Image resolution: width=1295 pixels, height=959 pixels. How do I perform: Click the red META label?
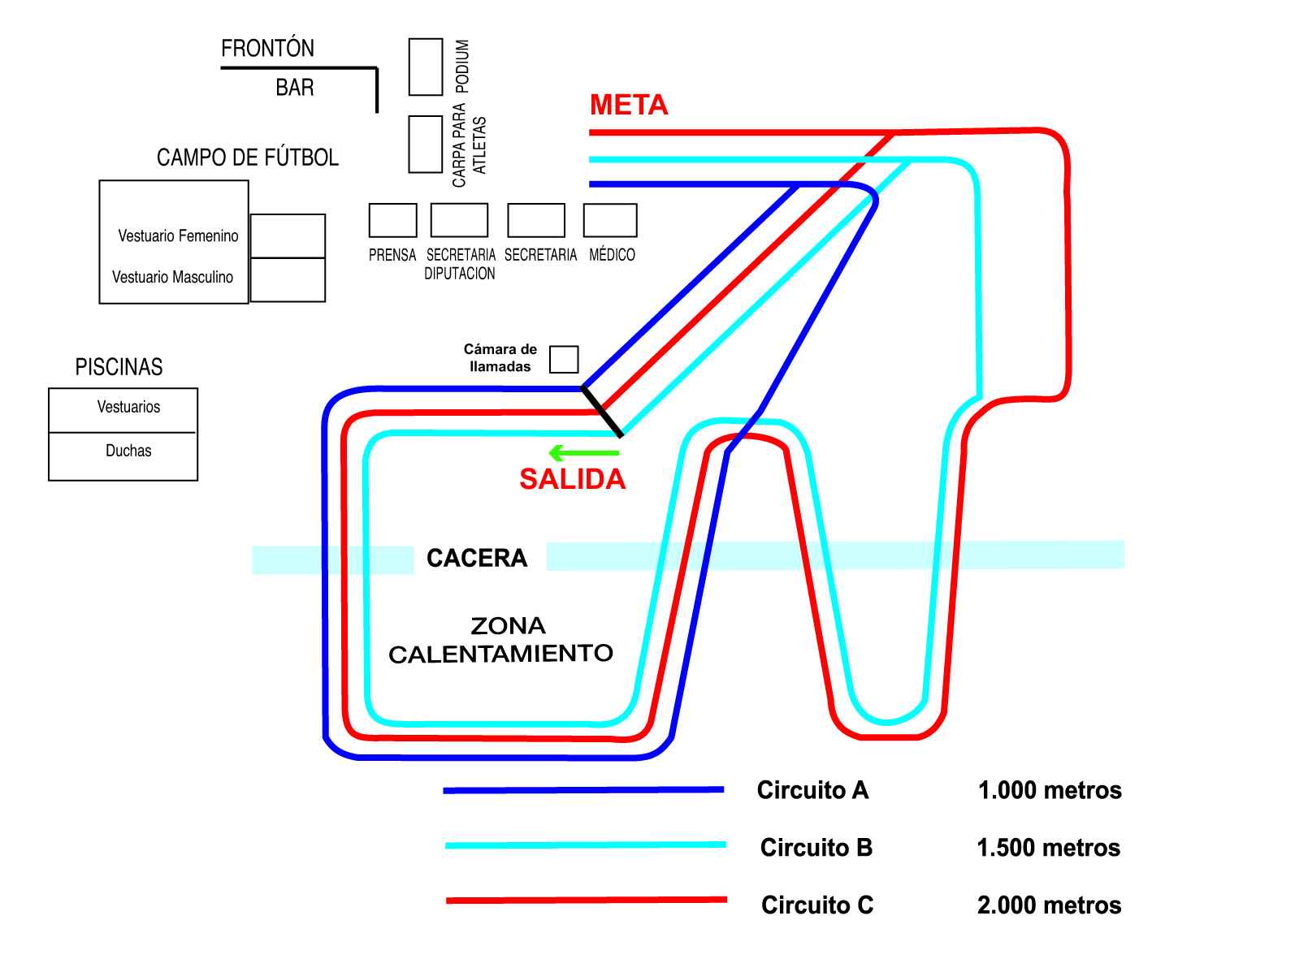(x=629, y=105)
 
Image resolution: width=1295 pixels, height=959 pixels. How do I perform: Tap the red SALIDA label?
(x=572, y=479)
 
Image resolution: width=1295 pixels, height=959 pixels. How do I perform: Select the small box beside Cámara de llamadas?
(x=564, y=359)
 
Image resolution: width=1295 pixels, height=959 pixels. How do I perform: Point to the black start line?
(x=602, y=412)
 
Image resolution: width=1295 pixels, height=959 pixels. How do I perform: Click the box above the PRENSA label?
(x=392, y=220)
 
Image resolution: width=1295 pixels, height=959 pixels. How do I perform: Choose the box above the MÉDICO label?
(x=610, y=220)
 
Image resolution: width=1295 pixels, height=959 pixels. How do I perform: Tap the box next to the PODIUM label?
(x=426, y=67)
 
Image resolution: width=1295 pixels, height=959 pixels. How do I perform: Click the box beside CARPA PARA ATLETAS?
(x=426, y=144)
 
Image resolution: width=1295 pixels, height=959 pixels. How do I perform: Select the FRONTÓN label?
(x=267, y=49)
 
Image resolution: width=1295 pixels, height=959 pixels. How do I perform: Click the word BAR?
(x=295, y=88)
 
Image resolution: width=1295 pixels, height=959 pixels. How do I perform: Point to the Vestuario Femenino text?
(x=178, y=236)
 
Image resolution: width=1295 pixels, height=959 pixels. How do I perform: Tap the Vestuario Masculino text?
(x=172, y=278)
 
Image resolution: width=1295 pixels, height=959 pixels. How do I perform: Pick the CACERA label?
(x=477, y=559)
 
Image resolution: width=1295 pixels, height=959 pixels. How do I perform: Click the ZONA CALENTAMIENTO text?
(x=501, y=640)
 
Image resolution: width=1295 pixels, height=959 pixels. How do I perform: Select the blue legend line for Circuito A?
(x=583, y=789)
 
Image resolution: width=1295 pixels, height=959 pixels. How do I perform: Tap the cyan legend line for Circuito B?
(x=586, y=845)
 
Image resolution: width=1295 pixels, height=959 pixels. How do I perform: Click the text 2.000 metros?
(x=1049, y=905)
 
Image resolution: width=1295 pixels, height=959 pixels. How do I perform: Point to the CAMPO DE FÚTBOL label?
(x=248, y=158)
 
